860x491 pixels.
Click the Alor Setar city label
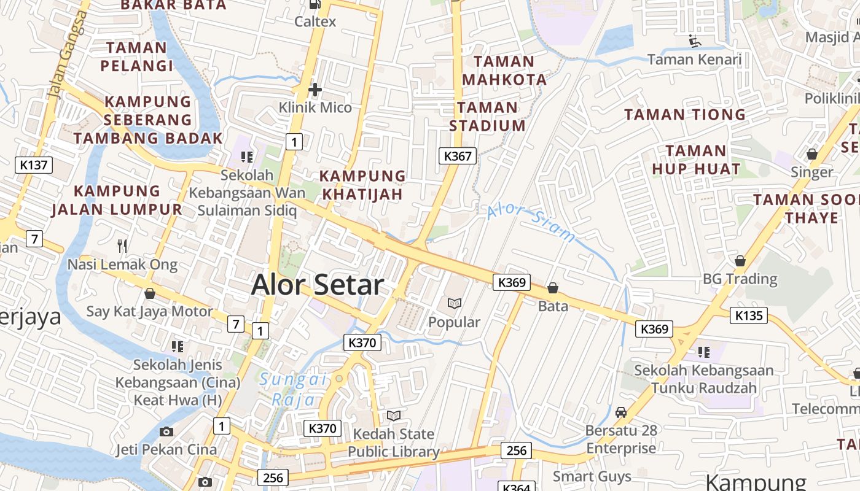coord(318,285)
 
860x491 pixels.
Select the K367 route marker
coord(458,156)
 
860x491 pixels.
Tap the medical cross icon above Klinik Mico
coord(315,90)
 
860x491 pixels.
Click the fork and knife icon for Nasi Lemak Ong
coord(122,246)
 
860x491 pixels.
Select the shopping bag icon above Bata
coord(553,287)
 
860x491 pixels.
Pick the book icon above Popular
coord(455,303)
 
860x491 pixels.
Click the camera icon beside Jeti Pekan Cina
coord(166,431)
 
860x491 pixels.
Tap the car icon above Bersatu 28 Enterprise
coord(621,412)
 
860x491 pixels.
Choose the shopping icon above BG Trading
coord(740,261)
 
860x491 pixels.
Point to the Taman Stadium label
coord(488,117)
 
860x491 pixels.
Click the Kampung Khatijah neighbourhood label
coord(362,185)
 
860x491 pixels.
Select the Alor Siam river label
coord(532,224)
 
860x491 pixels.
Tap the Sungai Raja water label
coord(293,389)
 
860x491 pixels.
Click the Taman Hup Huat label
coord(696,160)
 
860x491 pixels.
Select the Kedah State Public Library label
coord(393,443)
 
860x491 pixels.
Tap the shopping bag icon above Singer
coord(811,154)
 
